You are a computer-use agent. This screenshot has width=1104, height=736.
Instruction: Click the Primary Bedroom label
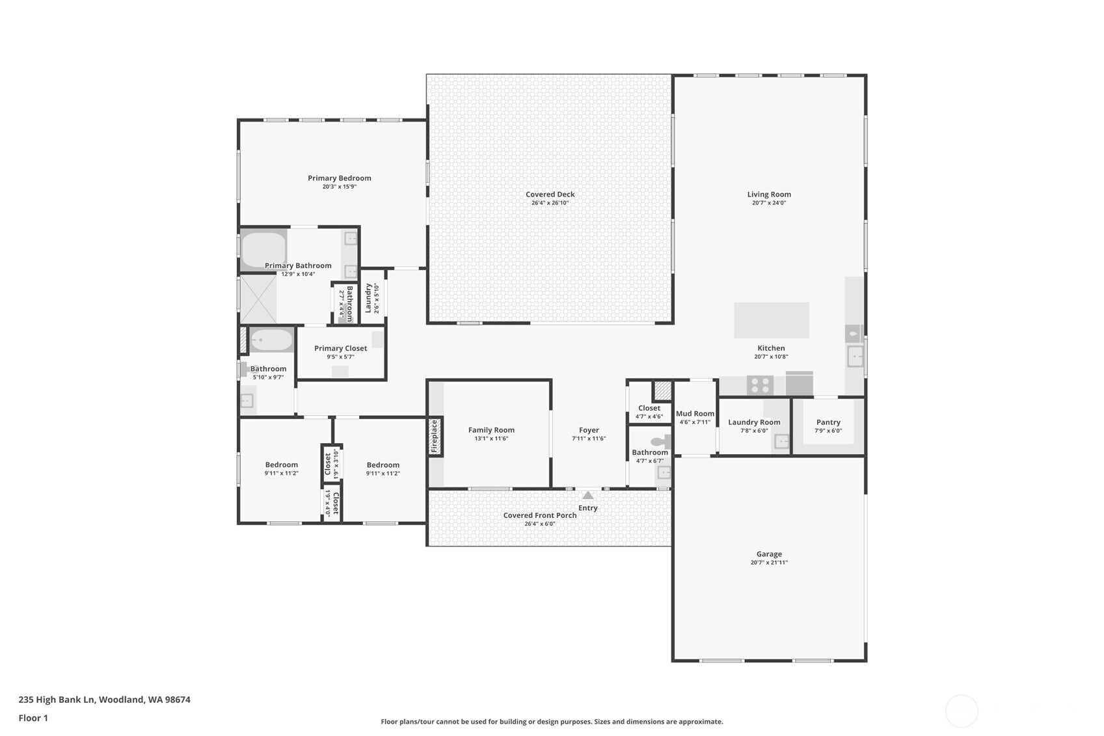(340, 178)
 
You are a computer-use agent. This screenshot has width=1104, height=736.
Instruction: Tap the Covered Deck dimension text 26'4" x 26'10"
(550, 203)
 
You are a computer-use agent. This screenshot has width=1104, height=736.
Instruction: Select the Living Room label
(769, 194)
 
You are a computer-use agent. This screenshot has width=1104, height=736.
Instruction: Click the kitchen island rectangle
(772, 320)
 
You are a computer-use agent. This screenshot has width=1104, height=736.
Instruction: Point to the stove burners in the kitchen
(759, 385)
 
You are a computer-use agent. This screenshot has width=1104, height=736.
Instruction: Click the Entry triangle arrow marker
(587, 495)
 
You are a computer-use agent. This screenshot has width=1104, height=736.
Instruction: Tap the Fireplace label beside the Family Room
(435, 437)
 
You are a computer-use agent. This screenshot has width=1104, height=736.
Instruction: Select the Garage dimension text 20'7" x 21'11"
(769, 563)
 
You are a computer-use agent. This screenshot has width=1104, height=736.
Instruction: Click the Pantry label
(828, 422)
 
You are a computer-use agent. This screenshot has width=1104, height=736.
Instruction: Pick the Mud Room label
(695, 413)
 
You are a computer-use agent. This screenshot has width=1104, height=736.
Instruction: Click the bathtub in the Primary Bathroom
(263, 249)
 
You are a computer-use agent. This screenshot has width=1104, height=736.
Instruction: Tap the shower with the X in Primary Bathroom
(258, 299)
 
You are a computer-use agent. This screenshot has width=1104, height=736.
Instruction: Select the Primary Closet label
(340, 348)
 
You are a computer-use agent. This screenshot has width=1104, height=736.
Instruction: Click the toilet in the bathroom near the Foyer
(660, 442)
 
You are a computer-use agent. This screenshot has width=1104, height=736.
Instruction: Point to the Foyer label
(589, 429)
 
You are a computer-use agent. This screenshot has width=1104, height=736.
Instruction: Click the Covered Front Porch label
(540, 515)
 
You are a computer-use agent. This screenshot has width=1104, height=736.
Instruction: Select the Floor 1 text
(33, 718)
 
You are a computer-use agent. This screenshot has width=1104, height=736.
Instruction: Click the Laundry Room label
(754, 422)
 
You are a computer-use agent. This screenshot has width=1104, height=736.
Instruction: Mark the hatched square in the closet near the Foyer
(662, 390)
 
